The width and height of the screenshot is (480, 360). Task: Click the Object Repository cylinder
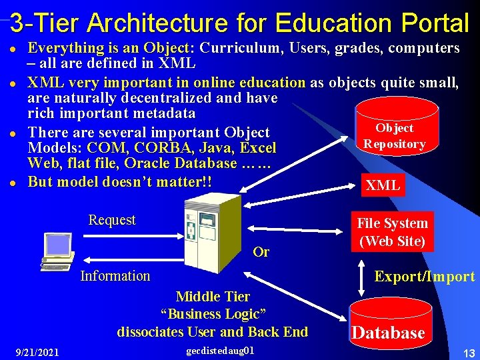click(x=395, y=130)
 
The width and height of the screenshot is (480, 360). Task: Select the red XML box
click(x=383, y=185)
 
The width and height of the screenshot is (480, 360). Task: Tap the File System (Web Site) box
click(x=392, y=232)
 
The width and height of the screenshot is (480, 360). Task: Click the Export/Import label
click(x=425, y=277)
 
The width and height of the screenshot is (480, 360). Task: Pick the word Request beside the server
click(x=112, y=220)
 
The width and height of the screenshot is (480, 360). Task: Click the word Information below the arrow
click(x=115, y=275)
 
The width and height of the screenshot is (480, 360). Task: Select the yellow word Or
click(x=261, y=252)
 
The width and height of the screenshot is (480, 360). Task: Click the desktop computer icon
click(x=57, y=251)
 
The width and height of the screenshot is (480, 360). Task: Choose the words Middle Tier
click(x=213, y=297)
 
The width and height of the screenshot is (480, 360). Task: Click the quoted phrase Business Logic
click(x=213, y=314)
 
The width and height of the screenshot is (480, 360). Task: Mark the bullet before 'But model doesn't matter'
click(x=14, y=183)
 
